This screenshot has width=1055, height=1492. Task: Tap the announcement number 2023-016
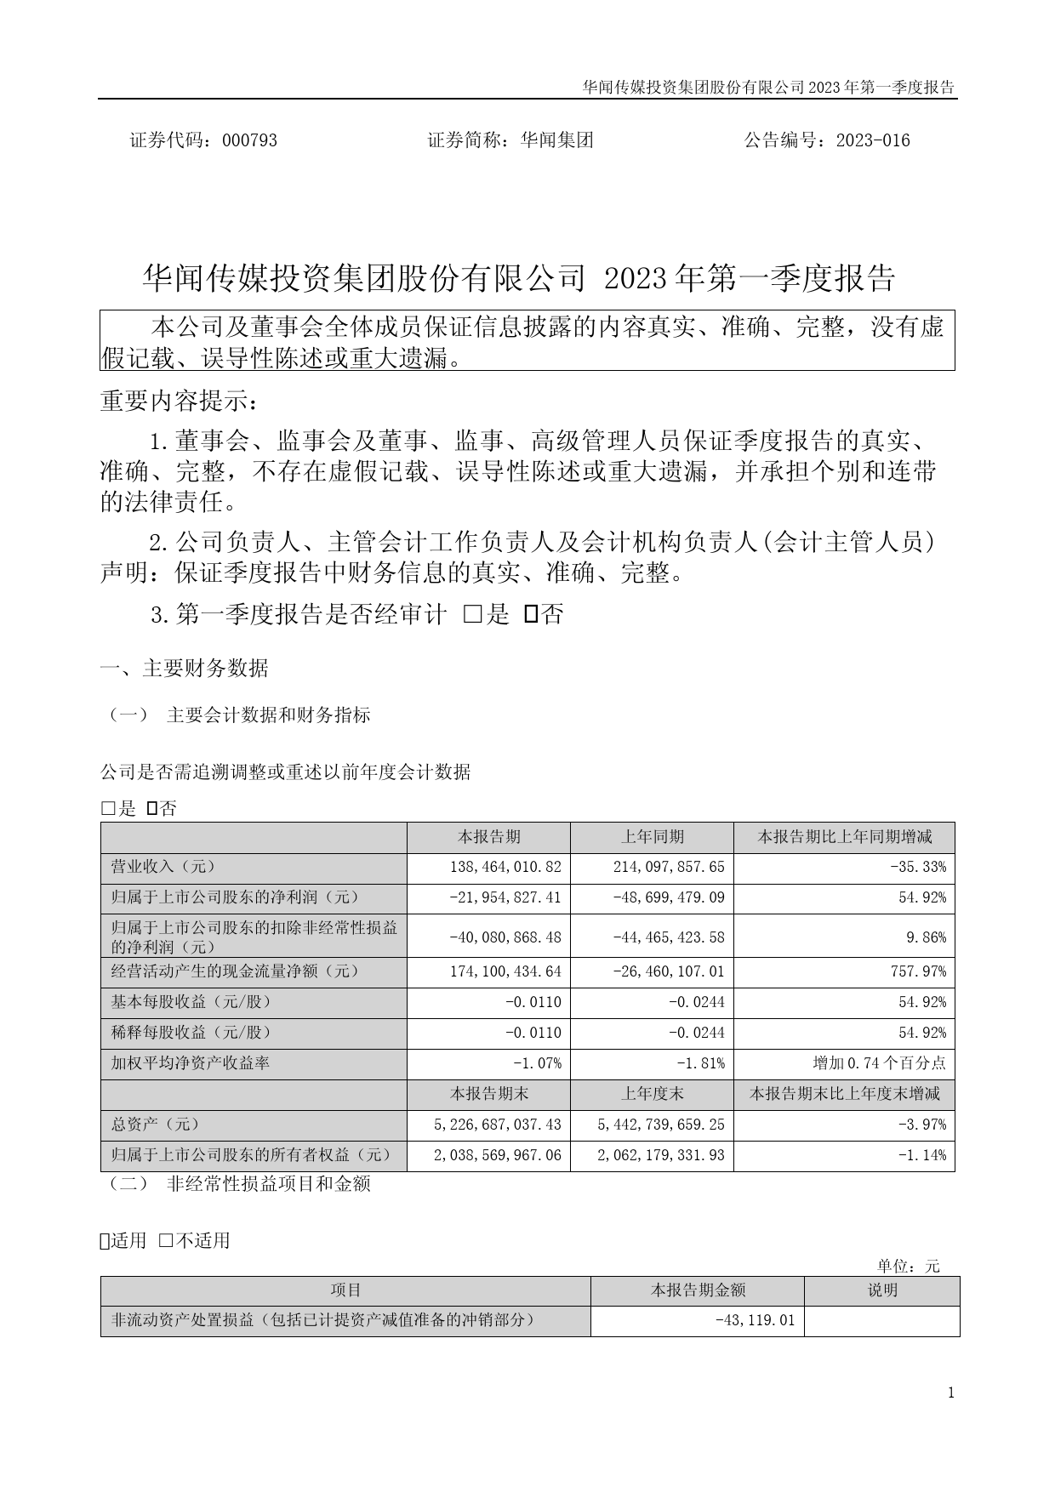click(873, 140)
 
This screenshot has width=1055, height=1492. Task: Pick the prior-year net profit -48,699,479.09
click(669, 898)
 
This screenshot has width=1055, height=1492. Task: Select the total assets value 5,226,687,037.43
click(497, 1125)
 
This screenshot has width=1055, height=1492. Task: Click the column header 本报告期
click(488, 837)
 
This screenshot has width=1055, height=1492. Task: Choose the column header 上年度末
click(652, 1094)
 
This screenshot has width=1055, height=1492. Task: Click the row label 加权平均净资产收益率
click(191, 1063)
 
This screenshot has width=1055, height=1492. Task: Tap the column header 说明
click(881, 1290)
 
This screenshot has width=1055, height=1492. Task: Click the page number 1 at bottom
click(950, 1392)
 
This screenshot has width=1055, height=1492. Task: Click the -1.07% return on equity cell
click(537, 1063)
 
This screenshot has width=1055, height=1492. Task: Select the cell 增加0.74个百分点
click(879, 1063)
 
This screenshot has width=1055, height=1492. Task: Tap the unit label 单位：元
click(909, 1266)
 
